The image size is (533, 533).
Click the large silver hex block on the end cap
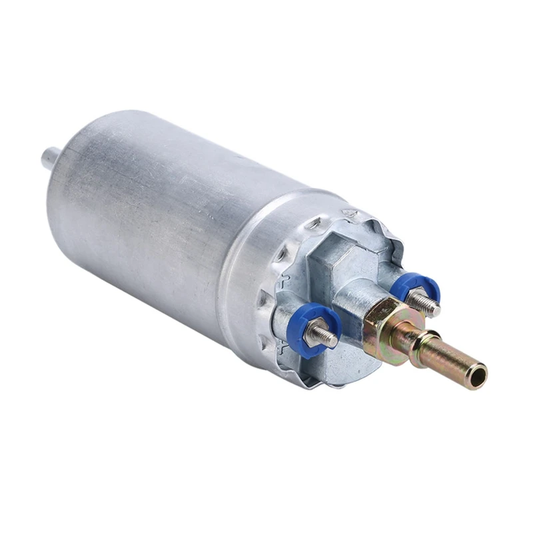pyautogui.click(x=346, y=257)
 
